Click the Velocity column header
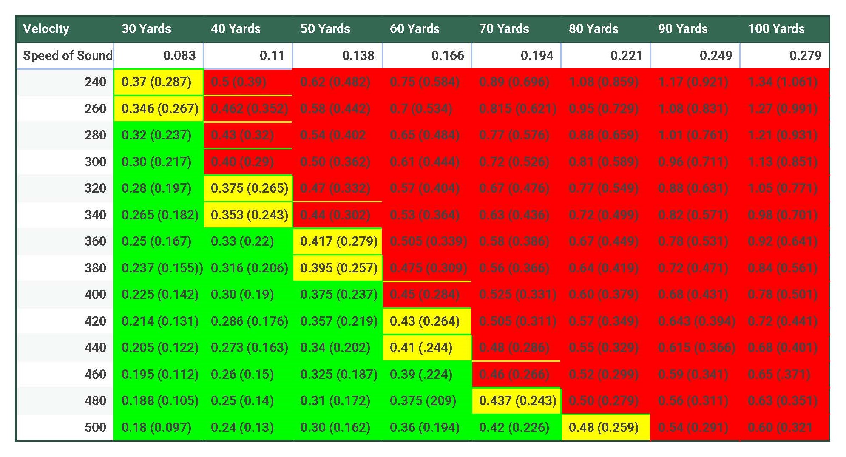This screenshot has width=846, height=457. pyautogui.click(x=46, y=29)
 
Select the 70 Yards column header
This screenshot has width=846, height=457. pyautogui.click(x=504, y=29)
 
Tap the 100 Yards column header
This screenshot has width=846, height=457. pyautogui.click(x=776, y=29)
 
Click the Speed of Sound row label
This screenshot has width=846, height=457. pyautogui.click(x=67, y=55)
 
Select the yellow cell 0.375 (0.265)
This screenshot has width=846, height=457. pyautogui.click(x=249, y=188)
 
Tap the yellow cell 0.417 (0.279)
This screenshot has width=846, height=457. pyautogui.click(x=338, y=241)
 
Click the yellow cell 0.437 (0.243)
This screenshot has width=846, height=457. pyautogui.click(x=517, y=400)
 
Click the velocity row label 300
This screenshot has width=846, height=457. pyautogui.click(x=95, y=162)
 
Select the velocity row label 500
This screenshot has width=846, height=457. pyautogui.click(x=95, y=427)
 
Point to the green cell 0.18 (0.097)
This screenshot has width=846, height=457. pyautogui.click(x=156, y=427)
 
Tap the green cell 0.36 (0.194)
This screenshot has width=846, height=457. pyautogui.click(x=424, y=427)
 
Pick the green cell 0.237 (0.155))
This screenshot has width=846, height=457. pyautogui.click(x=162, y=268)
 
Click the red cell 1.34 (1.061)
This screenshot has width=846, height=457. pyautogui.click(x=782, y=82)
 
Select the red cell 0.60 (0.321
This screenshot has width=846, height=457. pyautogui.click(x=780, y=427)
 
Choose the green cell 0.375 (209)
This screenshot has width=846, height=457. pyautogui.click(x=423, y=400)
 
